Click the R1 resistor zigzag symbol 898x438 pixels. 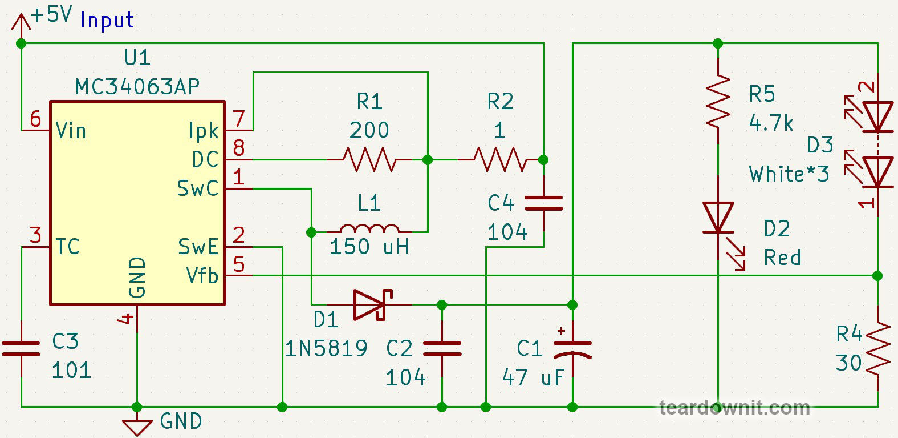[x=369, y=160]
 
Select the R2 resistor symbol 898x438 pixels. [x=500, y=160]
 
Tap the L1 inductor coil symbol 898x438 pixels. [x=369, y=228]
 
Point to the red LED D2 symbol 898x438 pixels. [x=718, y=218]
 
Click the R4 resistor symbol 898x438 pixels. [x=877, y=348]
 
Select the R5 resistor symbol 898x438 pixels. [x=718, y=101]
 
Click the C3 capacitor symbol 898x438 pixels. [x=21, y=349]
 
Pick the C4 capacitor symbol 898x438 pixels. [x=543, y=203]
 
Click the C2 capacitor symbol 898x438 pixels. [x=442, y=349]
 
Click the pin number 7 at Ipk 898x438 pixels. [x=239, y=119]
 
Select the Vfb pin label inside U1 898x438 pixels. [x=202, y=276]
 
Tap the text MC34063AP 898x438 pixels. [x=137, y=87]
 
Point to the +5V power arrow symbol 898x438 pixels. [x=21, y=23]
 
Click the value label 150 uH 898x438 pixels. [x=369, y=247]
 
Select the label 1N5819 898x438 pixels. [x=326, y=348]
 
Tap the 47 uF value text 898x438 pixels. [x=533, y=377]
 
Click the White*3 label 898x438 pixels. [x=789, y=174]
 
